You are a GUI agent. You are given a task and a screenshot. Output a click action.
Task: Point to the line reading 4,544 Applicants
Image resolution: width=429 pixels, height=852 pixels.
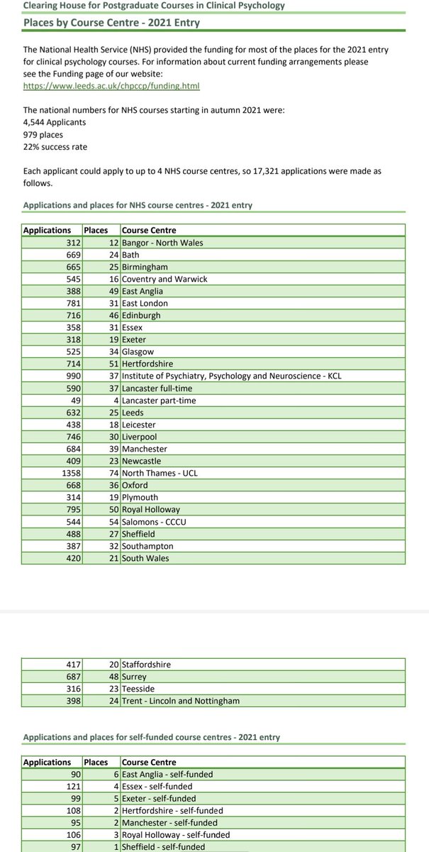(55, 121)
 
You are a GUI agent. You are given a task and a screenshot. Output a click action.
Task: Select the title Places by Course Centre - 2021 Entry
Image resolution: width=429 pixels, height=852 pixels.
(111, 23)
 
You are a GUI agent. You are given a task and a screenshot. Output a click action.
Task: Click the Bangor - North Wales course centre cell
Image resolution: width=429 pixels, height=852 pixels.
(162, 243)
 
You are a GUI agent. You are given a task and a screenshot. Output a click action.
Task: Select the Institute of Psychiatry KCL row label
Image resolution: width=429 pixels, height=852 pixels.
(231, 376)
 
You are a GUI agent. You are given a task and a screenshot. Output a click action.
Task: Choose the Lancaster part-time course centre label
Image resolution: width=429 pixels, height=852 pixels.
(159, 400)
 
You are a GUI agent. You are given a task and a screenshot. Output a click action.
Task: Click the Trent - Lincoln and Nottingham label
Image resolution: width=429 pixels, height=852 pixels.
(181, 701)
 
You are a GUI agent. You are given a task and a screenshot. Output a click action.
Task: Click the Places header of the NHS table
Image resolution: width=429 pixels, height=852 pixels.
(96, 230)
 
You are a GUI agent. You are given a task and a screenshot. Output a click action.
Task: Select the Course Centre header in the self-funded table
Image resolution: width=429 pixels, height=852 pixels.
(149, 762)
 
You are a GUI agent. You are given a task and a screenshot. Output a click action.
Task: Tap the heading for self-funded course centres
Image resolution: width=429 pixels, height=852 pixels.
(151, 737)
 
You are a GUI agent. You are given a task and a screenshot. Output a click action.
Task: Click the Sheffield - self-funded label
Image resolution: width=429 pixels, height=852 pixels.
(163, 847)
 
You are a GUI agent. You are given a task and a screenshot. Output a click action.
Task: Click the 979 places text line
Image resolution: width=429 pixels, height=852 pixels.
(43, 133)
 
